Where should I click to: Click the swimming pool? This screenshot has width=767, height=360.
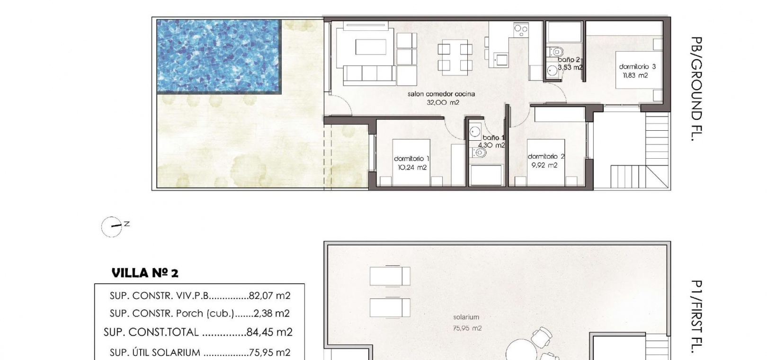219,56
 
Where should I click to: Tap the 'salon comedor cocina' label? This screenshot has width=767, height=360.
441,94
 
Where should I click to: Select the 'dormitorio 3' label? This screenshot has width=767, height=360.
637,66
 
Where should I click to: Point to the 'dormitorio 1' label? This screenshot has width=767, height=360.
411,159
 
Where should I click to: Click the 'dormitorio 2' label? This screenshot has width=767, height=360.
546,156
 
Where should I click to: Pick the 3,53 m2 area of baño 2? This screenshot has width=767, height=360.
570,67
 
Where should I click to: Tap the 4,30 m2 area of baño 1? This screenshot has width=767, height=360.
491,145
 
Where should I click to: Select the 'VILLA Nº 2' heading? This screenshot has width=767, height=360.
145,273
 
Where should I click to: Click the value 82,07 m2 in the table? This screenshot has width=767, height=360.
269,295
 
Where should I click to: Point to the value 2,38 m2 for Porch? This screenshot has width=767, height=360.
272,313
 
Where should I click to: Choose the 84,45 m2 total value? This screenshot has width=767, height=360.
269,332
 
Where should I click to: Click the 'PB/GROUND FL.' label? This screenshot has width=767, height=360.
696,89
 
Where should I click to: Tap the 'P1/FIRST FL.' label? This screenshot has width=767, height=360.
696,317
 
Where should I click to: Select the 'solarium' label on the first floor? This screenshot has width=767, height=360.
466,317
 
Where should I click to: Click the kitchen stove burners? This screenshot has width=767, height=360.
521,30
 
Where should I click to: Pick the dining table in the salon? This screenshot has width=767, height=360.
455,57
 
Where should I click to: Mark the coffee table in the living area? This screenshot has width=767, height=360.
371,47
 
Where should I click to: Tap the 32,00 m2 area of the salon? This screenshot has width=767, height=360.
443,102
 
